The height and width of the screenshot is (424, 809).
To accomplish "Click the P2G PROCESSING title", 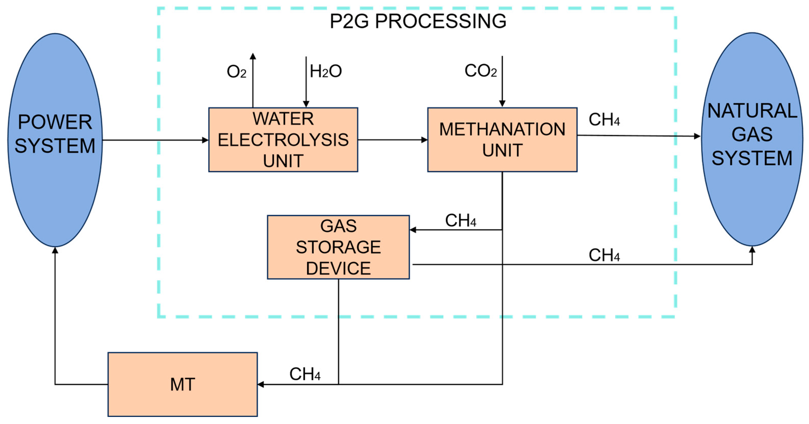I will click(418, 21).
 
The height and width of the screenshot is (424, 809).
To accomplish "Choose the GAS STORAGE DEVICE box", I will click(338, 247).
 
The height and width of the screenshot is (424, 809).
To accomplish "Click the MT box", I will click(183, 384).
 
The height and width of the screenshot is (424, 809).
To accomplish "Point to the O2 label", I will click(236, 72).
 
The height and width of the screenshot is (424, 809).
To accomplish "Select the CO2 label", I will click(480, 71).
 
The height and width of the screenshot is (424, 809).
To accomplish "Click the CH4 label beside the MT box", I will click(305, 374).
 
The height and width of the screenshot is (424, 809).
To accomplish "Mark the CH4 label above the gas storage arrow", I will click(460, 220).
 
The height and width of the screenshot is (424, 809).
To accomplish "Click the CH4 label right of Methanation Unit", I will click(604, 120).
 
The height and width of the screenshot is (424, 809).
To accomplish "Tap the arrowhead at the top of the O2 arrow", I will click(253, 56).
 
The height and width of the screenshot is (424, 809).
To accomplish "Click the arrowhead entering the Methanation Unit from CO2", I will click(502, 104).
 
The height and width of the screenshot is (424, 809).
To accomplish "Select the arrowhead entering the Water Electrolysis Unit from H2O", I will click(306, 104).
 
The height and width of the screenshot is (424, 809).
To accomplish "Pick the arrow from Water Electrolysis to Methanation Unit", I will click(393, 140).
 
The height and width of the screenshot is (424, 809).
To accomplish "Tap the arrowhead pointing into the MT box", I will click(261, 384).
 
